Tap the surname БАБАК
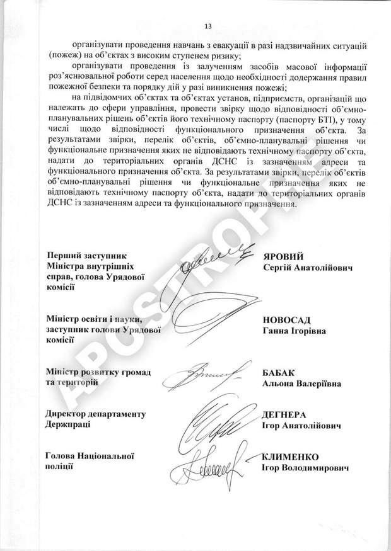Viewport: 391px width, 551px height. click(279, 372)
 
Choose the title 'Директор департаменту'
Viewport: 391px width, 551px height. click(96, 414)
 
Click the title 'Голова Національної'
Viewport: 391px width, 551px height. click(91, 455)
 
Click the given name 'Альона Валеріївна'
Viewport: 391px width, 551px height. click(301, 383)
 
